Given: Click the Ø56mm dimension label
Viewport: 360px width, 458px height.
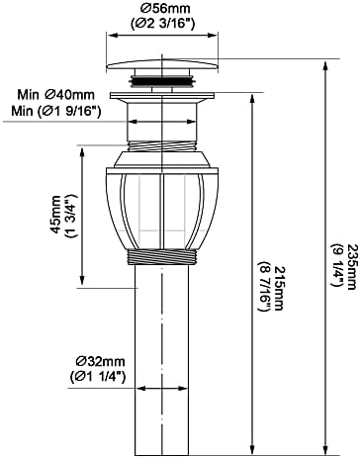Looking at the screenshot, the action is tap(161, 8).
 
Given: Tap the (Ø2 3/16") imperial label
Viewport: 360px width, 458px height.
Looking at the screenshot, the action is tap(161, 24).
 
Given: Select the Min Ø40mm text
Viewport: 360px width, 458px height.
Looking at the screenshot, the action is tap(55, 95).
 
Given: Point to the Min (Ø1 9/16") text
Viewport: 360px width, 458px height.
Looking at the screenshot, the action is tap(56, 111).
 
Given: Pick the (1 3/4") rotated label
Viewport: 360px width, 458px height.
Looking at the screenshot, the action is tap(71, 215).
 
